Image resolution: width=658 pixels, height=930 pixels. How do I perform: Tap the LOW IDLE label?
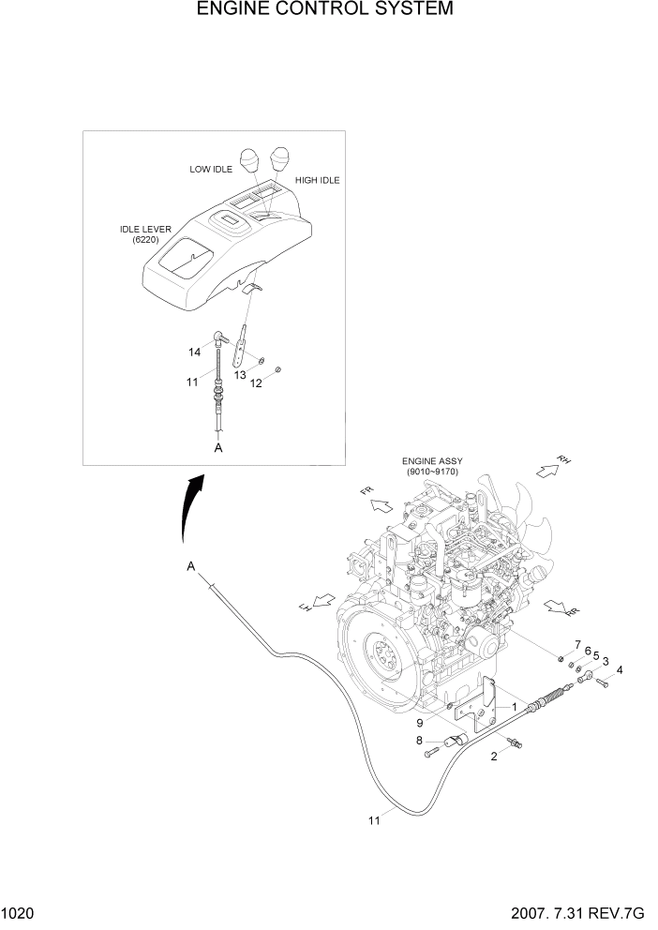tap(211, 170)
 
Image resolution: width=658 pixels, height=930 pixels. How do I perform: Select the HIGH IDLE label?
tap(317, 180)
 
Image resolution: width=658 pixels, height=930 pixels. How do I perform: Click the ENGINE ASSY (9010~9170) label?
tap(433, 467)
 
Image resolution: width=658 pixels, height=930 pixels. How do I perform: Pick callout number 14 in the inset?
tap(195, 352)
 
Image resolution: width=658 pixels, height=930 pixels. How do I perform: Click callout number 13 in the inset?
tap(240, 374)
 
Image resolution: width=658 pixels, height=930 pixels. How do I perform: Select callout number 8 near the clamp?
tap(419, 741)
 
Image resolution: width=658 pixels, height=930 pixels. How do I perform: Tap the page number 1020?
tap(18, 915)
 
